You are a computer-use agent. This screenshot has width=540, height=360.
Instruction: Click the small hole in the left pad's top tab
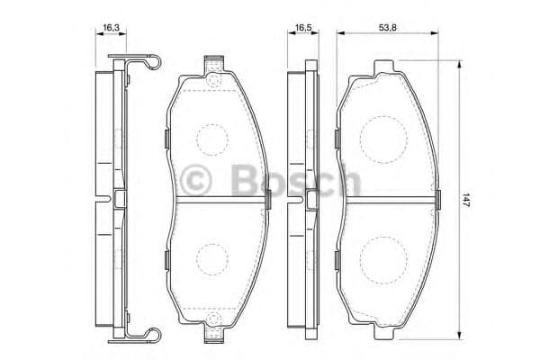coord(214,77)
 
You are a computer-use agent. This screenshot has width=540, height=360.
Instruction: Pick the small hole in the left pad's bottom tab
coord(214,327)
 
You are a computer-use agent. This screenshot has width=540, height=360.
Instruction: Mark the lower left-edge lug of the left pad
coord(168,261)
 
